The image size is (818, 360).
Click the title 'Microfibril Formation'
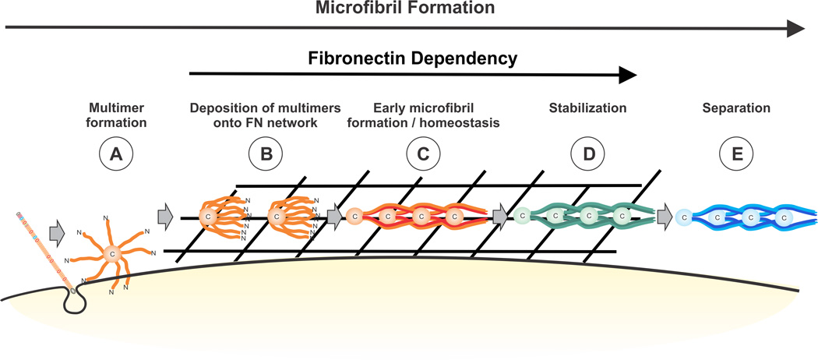coord(405,9)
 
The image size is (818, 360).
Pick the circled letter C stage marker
coord(421,156)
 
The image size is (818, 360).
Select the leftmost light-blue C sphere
coord(682,217)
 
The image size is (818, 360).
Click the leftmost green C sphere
coord(524,216)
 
